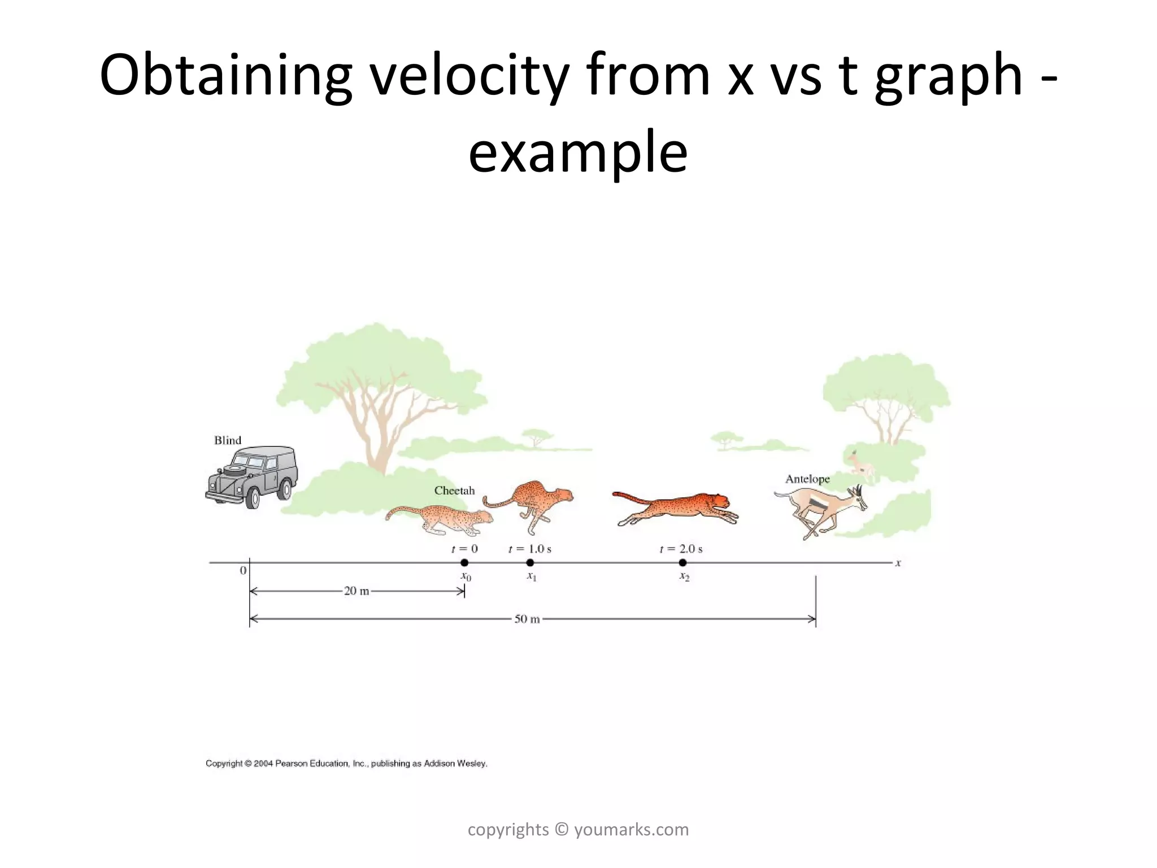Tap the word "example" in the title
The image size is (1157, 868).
tap(578, 151)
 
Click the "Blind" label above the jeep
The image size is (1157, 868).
tap(228, 440)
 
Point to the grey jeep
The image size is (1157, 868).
tap(252, 477)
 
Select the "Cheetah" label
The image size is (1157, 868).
tap(454, 491)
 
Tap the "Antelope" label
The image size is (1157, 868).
tap(807, 479)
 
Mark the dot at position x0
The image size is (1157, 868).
tap(464, 562)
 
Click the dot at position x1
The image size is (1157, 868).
tap(530, 562)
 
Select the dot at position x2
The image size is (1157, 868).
tap(682, 562)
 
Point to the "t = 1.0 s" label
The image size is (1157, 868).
tap(530, 549)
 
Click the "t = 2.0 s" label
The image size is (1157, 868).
tap(681, 549)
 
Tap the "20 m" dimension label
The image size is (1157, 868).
tap(356, 591)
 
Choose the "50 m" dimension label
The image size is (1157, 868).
tap(527, 619)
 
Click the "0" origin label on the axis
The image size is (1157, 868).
tap(243, 571)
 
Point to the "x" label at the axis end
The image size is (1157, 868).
tap(898, 563)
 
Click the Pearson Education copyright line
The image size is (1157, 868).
tap(346, 763)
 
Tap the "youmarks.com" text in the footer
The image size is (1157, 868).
tap(631, 830)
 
